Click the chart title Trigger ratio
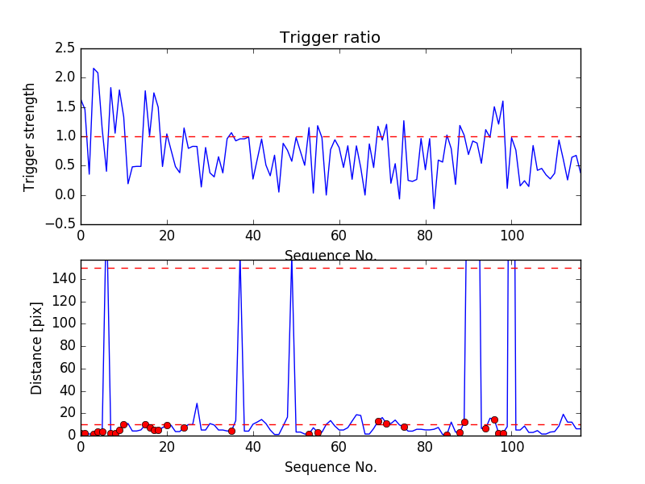pos(330,38)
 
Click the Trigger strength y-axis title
pos(30,136)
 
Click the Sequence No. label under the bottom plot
pos(330,467)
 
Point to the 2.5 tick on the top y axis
pos(64,48)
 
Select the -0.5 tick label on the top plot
pos(60,224)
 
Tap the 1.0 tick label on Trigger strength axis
pos(64,136)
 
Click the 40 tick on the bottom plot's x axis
pos(252,448)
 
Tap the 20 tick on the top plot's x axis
pos(166,236)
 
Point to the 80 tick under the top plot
pos(425,236)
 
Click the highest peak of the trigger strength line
pos(94,69)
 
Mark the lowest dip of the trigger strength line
pos(434,209)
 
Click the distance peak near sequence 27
pos(197,403)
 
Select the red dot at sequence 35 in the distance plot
pos(231,431)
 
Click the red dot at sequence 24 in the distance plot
pos(184,428)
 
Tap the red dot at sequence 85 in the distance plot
pos(447,435)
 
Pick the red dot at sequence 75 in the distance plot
pos(404,427)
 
